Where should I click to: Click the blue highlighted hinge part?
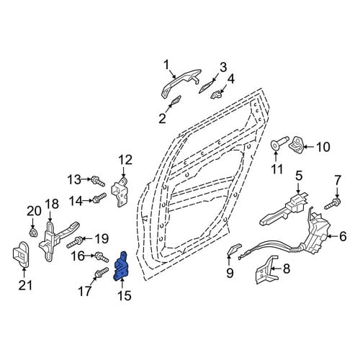pos(121,267)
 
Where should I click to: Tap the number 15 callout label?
pos(125,296)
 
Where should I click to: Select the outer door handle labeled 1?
pos(181,82)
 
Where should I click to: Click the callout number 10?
pos(323,147)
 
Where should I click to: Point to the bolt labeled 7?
pos(333,203)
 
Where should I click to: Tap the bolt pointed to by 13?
pos(98,181)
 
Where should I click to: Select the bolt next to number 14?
pos(99,198)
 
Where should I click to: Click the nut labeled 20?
pos(32,233)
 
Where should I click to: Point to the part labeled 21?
pos(21,254)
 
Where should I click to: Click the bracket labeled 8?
pos(266,271)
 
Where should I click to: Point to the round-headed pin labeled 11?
pos(279,145)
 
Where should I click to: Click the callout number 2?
pos(163,118)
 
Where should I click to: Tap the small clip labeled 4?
pos(216,94)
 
